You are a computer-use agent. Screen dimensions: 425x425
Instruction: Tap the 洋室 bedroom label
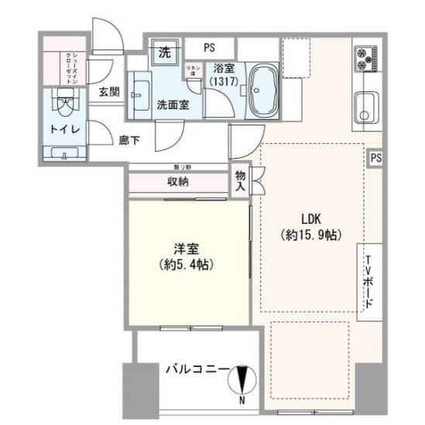(x=187, y=250)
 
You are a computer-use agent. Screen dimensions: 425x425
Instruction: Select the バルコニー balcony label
(x=195, y=370)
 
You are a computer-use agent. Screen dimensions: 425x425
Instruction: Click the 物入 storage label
(x=240, y=181)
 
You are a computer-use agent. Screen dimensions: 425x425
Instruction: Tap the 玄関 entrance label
(x=108, y=91)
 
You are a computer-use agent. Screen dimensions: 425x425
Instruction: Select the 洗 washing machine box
(x=164, y=53)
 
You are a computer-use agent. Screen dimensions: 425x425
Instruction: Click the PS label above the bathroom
(x=209, y=47)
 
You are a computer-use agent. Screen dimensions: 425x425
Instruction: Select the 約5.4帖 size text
(x=188, y=266)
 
